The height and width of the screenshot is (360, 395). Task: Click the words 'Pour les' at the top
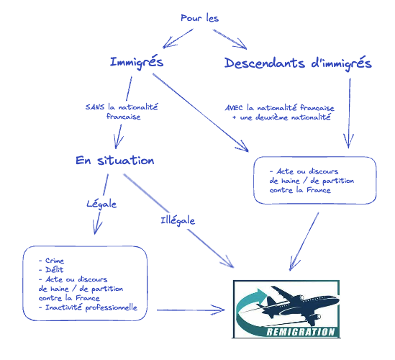coord(199,18)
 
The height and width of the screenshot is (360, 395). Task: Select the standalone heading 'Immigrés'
coord(137,62)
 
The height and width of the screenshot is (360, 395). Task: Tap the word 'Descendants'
coord(265,63)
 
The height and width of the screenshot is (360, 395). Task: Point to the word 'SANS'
coord(95,107)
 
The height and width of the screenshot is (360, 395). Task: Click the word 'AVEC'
coord(234,108)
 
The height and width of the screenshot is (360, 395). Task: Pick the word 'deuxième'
coord(271,117)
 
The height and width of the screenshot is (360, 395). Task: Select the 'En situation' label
coord(115,161)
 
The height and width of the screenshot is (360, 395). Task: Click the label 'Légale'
coord(101,204)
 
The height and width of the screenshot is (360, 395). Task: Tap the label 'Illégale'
coord(178,220)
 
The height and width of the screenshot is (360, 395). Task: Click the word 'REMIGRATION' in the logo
coord(301,332)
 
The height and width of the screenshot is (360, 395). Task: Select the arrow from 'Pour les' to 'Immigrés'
coord(178,38)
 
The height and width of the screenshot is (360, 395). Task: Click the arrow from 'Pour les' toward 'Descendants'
coord(230,39)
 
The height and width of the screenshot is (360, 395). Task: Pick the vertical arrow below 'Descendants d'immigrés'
coord(349,113)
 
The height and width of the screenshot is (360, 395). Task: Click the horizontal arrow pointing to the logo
coord(191,310)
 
